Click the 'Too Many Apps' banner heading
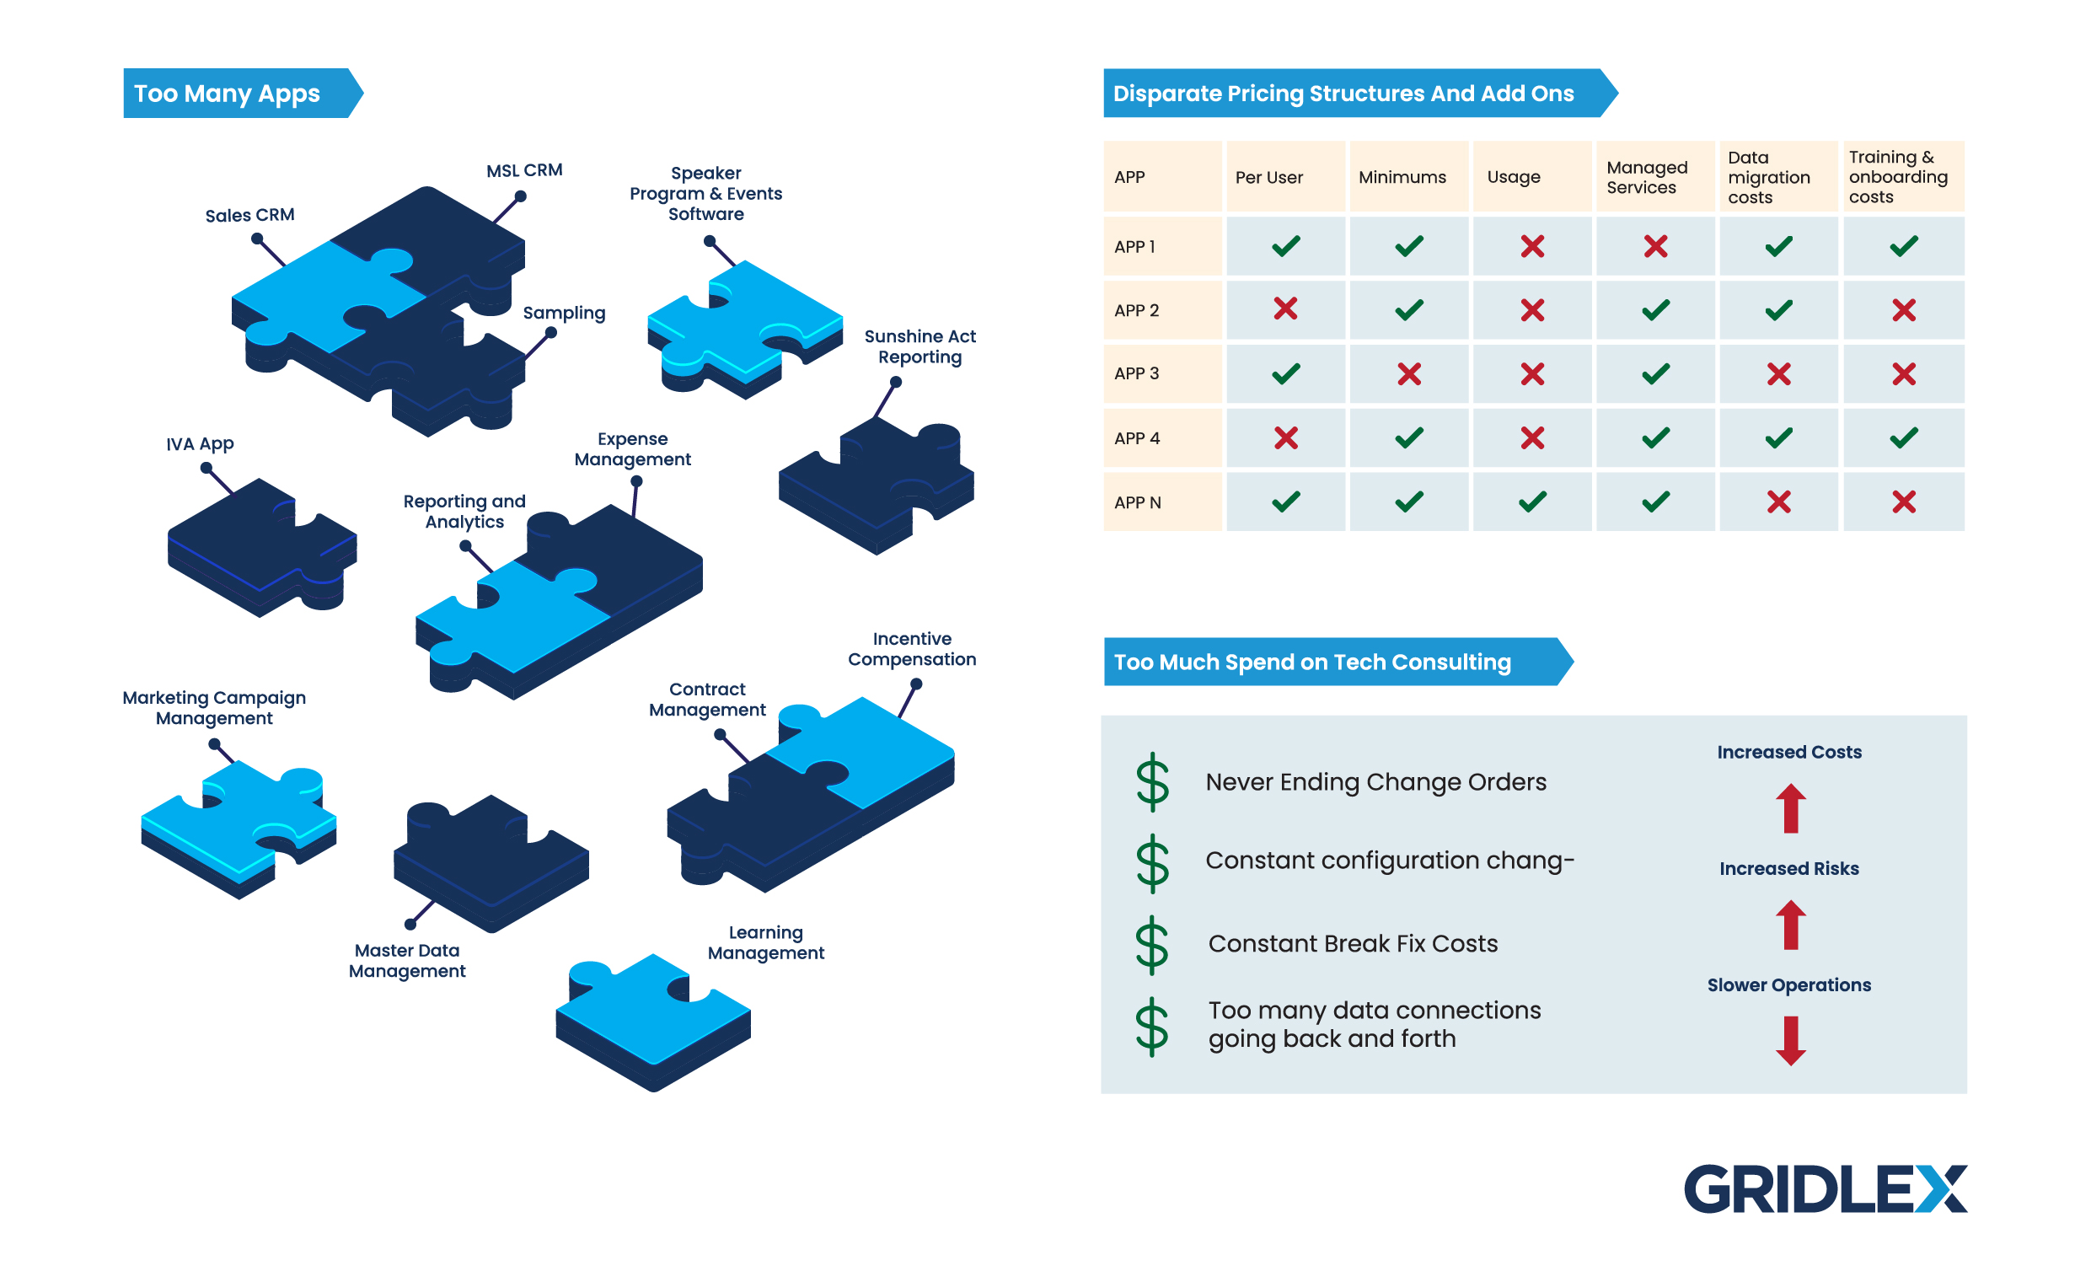228,94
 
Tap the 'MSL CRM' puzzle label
523,170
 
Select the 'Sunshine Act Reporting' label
920,347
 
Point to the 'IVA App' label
200,443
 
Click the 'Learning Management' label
765,942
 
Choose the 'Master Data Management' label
406,960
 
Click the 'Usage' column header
1513,177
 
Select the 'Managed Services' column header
1646,177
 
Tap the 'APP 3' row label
1136,373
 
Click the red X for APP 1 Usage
1531,247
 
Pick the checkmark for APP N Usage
1531,502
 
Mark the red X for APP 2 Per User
1285,309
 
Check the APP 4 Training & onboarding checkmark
1903,437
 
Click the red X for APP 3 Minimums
1408,374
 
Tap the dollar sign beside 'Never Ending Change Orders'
1152,782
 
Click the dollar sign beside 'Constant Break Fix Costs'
1152,944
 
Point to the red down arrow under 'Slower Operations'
1791,1040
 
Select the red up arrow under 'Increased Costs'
1791,807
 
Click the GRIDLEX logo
1825,1188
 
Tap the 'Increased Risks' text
1789,869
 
